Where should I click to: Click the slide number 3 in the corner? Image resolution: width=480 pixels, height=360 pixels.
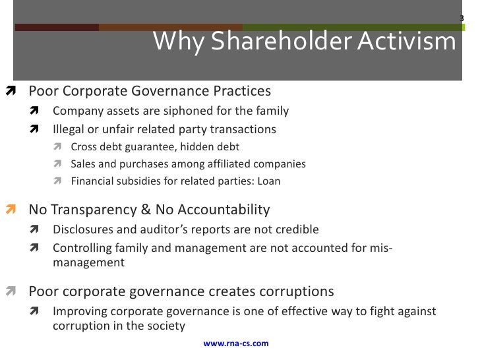pos(461,18)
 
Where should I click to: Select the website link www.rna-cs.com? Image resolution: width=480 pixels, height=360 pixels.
pos(236,344)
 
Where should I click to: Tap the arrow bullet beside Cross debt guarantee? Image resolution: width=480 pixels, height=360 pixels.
pos(59,147)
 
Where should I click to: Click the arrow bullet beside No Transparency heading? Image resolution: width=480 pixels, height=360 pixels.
pos(11,211)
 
